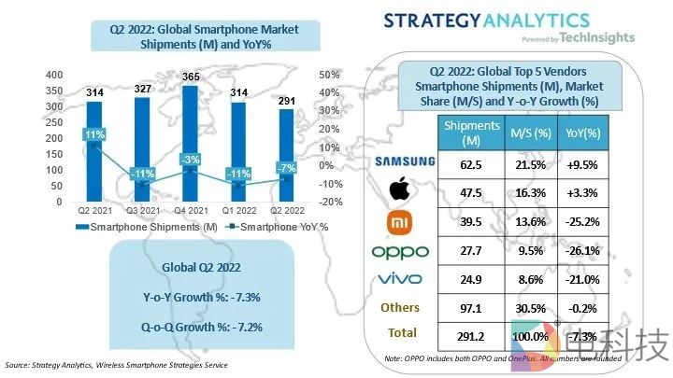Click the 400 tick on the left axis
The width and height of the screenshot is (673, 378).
(x=28, y=75)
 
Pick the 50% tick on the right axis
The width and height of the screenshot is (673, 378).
(x=329, y=75)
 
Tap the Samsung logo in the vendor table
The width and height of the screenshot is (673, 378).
(x=404, y=161)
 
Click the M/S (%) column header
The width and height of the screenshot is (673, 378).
(x=527, y=133)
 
